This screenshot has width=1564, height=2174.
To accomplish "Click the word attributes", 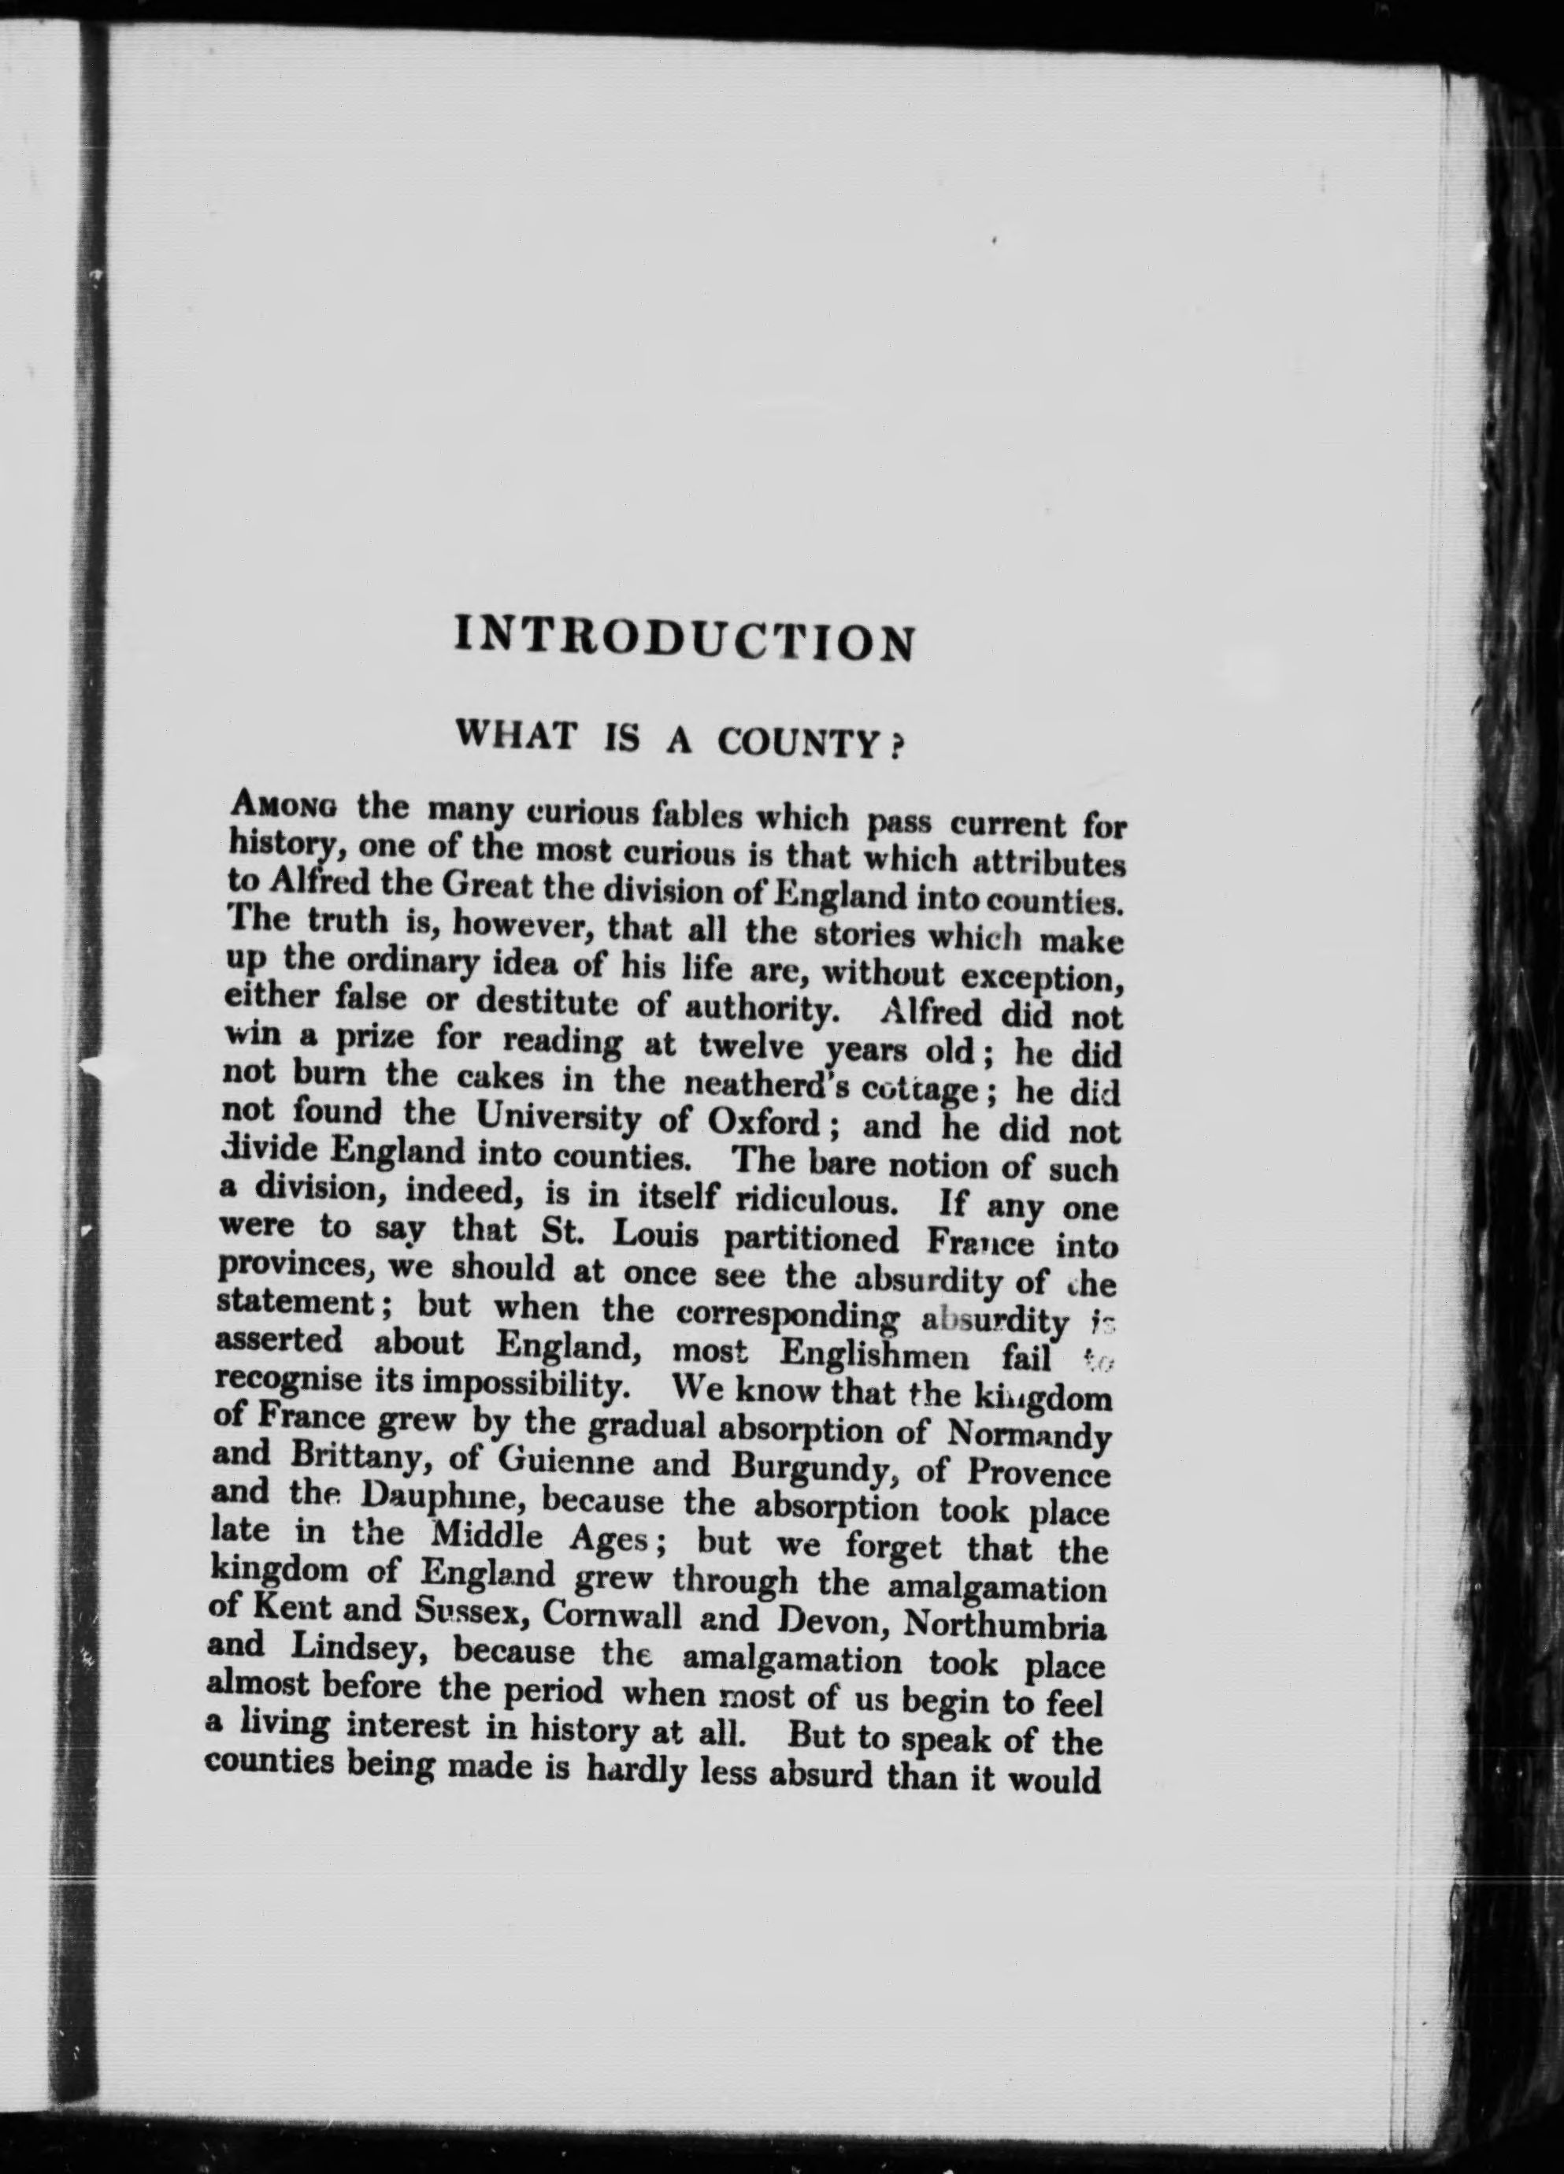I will [1048, 863].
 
